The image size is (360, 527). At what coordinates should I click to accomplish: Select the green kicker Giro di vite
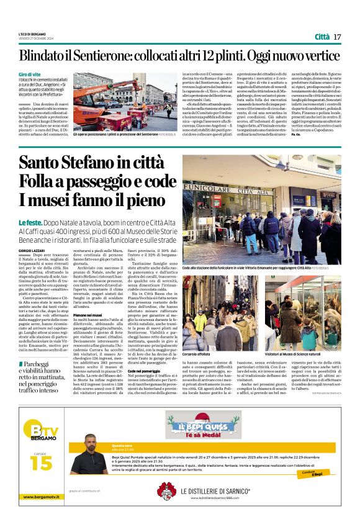click(x=30, y=74)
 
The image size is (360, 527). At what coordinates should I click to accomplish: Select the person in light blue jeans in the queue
click(x=267, y=236)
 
